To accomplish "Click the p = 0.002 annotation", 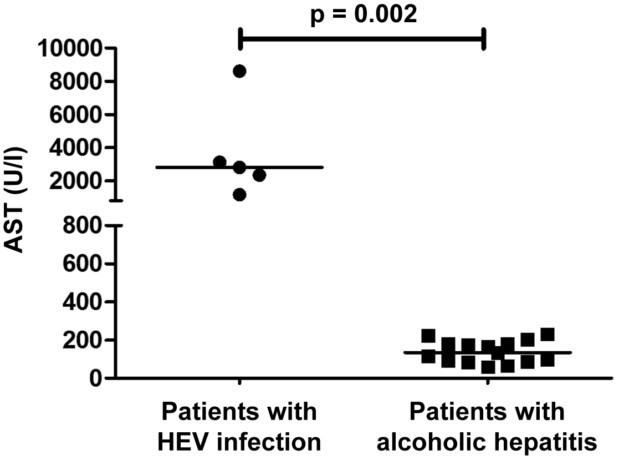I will pos(363,14).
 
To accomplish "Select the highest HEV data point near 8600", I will pos(239,71).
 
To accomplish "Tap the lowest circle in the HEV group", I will pos(239,195).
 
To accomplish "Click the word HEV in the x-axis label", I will pos(182,442).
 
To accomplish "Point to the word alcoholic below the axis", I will pos(444,442).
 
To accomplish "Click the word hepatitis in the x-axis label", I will pos(548,442).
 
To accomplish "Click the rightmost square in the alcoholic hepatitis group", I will pos(548,335).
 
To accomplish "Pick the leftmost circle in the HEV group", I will pos(220,162).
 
